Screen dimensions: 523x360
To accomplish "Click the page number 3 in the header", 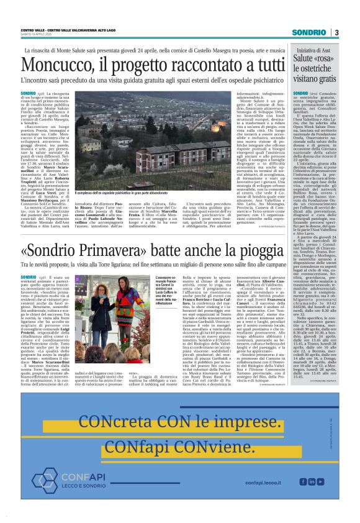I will pyautogui.click(x=336, y=32).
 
